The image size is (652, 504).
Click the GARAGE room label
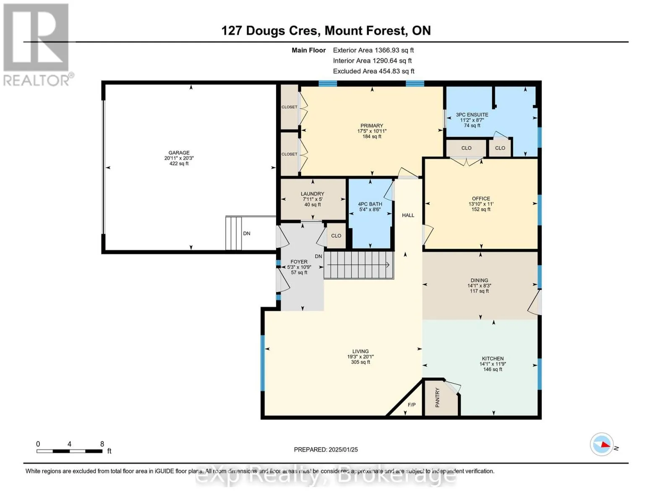point(179,152)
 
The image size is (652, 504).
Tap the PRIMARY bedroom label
point(372,126)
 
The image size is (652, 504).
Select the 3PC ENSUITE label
point(472,115)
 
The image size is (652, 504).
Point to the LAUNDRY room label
point(312,194)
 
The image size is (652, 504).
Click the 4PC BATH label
point(370,204)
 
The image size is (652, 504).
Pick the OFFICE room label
point(481,199)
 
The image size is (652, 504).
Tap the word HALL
point(408,215)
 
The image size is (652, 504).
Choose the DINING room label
point(480,280)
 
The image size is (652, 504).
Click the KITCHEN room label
point(493,358)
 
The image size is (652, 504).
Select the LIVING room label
point(360,351)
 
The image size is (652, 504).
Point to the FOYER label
point(299,262)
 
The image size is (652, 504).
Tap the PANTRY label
point(437,397)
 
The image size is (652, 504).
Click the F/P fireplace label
point(412,404)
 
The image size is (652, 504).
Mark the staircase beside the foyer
point(359,265)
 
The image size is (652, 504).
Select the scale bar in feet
point(69,451)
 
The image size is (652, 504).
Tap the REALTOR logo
point(38,45)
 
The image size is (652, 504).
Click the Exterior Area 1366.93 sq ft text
point(373,50)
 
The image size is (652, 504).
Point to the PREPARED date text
point(326,450)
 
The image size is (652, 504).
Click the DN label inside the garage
point(247,234)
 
